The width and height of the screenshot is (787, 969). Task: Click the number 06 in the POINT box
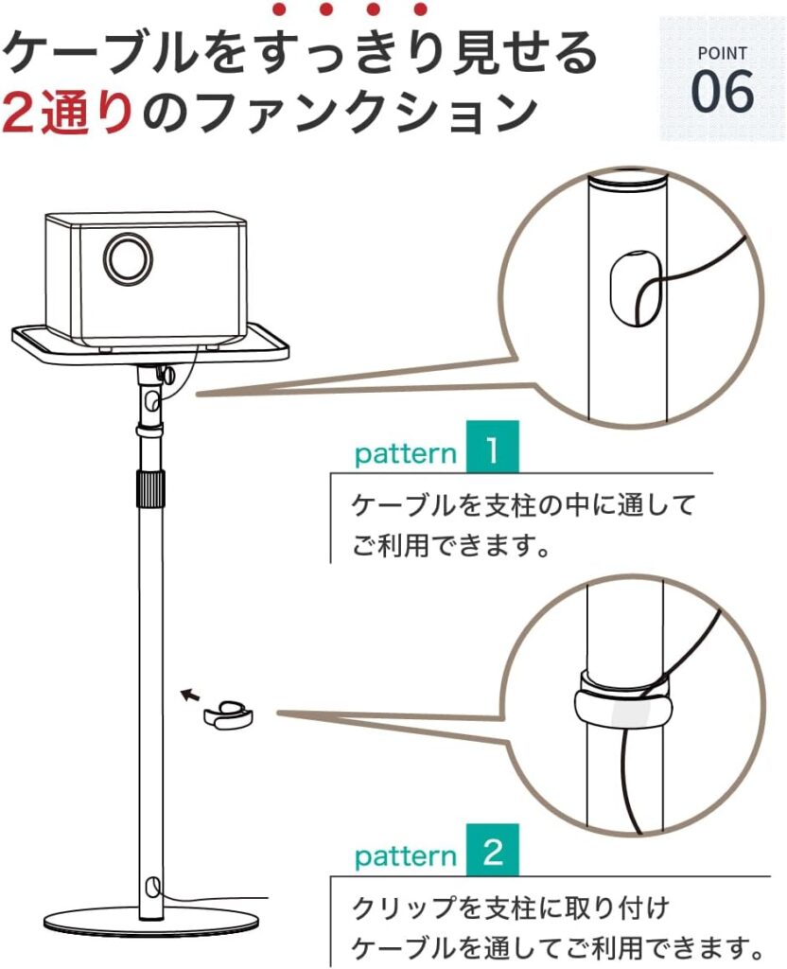coord(722,92)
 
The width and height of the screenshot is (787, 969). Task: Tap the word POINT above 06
coord(722,54)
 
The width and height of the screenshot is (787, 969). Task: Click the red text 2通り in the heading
coord(68,112)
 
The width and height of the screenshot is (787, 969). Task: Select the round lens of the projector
coord(128,257)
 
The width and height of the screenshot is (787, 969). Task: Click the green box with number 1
coord(492,447)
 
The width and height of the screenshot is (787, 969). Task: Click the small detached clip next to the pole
coord(227,715)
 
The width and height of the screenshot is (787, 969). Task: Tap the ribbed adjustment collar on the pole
coord(150,489)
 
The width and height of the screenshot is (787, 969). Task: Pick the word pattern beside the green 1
coord(406,454)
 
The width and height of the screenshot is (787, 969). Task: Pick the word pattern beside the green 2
coord(406,857)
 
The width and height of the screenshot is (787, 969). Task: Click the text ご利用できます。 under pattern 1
coord(451,546)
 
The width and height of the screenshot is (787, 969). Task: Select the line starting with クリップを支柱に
coord(511,908)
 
